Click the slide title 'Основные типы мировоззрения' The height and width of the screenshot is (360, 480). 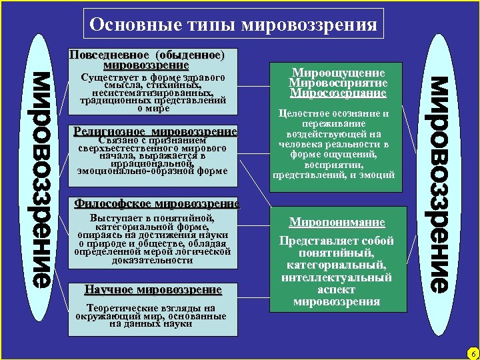point(233,25)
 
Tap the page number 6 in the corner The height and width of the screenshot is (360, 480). point(472,353)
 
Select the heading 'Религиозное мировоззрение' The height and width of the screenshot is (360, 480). point(156,132)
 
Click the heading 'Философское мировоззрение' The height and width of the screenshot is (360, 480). point(157,203)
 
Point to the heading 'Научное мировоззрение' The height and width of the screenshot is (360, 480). point(153,289)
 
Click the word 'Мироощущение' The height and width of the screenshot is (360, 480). point(337,73)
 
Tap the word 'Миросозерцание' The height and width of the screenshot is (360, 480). point(337,93)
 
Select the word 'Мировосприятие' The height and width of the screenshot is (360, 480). point(337,83)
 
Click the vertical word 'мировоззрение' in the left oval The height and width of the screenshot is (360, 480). point(42,179)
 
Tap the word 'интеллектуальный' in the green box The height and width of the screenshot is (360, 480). point(337,277)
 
